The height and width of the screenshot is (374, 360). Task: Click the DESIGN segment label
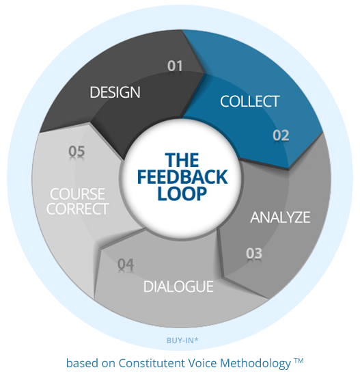pyautogui.click(x=115, y=92)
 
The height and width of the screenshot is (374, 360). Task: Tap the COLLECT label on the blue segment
pyautogui.click(x=250, y=101)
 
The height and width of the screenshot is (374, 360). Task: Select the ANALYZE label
pyautogui.click(x=280, y=217)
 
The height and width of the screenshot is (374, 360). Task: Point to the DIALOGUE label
pyautogui.click(x=178, y=286)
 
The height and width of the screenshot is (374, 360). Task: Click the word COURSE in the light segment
pyautogui.click(x=77, y=194)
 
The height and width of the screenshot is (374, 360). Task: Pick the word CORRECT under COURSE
pyautogui.click(x=78, y=209)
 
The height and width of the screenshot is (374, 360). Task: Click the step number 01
pyautogui.click(x=175, y=66)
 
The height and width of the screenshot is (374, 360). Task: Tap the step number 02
pyautogui.click(x=281, y=135)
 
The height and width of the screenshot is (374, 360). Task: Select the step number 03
pyautogui.click(x=254, y=253)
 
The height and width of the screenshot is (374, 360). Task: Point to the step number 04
pyautogui.click(x=126, y=265)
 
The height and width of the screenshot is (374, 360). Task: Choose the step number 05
pyautogui.click(x=77, y=151)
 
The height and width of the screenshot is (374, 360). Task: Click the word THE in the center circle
pyautogui.click(x=182, y=160)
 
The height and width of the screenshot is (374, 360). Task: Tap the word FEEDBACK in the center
pyautogui.click(x=182, y=176)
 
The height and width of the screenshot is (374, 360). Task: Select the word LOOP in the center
pyautogui.click(x=182, y=193)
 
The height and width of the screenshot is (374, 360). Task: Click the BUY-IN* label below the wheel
pyautogui.click(x=182, y=340)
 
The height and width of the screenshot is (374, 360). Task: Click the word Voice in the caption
pyautogui.click(x=202, y=363)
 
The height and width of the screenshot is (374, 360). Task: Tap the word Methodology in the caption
pyautogui.click(x=255, y=364)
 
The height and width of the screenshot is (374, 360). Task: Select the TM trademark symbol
pyautogui.click(x=299, y=360)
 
